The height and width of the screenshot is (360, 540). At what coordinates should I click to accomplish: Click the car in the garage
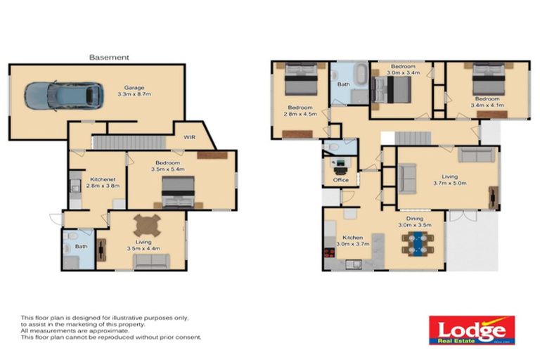pos(63,95)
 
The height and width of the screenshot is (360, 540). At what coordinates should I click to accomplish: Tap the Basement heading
pos(109,57)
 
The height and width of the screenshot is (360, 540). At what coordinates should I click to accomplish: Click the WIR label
pos(190,138)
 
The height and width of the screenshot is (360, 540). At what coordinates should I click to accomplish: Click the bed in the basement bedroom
pos(179,191)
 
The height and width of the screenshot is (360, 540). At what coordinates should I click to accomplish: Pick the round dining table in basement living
pos(148,225)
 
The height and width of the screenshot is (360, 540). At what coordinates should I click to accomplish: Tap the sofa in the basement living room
pos(150,261)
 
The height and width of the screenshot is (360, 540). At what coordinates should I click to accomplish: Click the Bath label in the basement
pos(80,246)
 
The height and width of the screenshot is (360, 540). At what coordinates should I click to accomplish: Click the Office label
pos(340,180)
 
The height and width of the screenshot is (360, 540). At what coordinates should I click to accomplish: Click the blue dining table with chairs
pos(419,244)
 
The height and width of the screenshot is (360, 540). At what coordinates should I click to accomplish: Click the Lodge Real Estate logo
pos(472,330)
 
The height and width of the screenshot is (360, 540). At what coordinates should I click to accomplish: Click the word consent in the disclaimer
pos(189,337)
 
